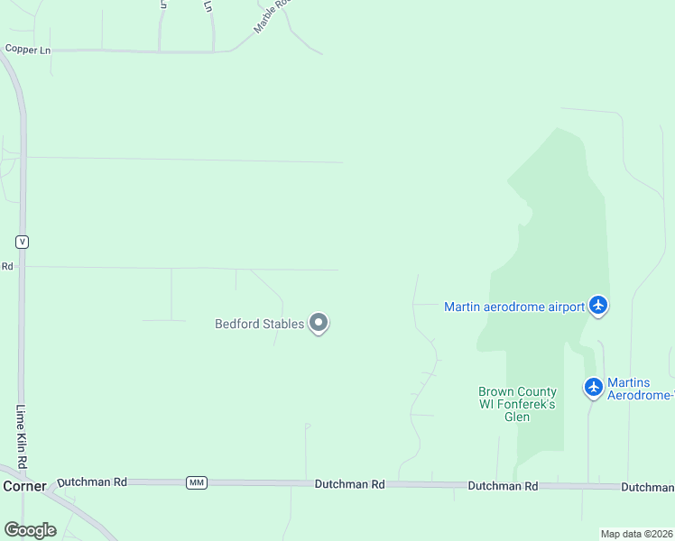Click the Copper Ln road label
(27, 50)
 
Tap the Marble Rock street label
(273, 15)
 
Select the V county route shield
(23, 242)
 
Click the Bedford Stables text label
(259, 325)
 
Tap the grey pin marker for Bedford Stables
(318, 323)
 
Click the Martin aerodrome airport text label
(514, 307)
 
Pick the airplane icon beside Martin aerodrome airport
(598, 306)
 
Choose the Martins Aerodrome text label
(640, 389)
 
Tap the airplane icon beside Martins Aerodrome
(593, 387)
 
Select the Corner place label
(23, 486)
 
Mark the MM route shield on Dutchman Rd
(196, 483)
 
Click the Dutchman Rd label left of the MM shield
(92, 482)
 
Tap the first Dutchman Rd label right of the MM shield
(349, 484)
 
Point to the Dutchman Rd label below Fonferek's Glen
(503, 486)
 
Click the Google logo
(30, 529)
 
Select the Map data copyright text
(636, 534)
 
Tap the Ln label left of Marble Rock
(208, 6)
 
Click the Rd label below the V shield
(6, 266)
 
